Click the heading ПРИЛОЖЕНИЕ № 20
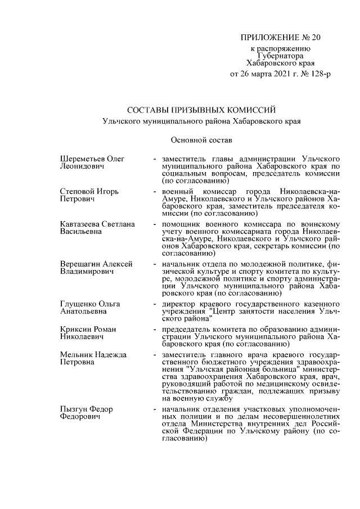[x=280, y=38]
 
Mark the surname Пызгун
[x=74, y=409]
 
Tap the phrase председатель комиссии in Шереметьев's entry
[x=299, y=174]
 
